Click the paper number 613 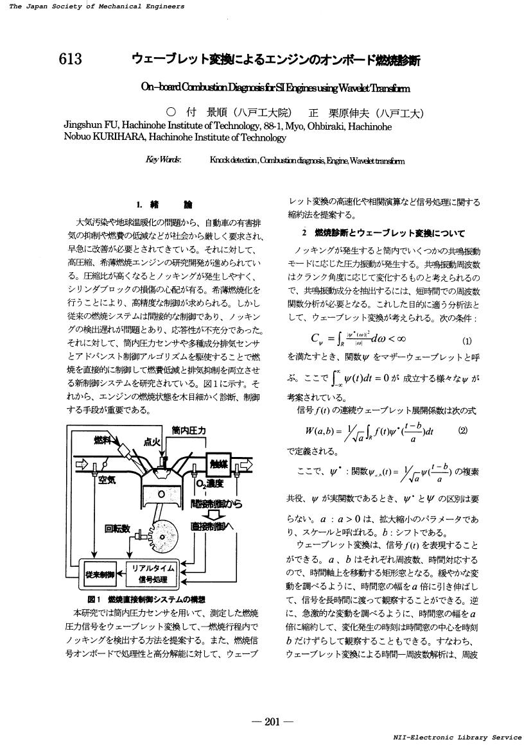coord(70,60)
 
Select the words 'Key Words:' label coord(164,160)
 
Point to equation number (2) coord(463,431)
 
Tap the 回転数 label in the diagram coord(118,530)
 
